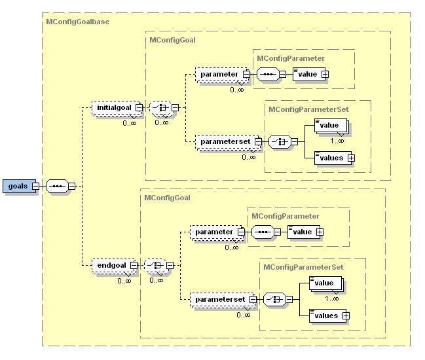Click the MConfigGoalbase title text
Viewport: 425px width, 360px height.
pos(77,22)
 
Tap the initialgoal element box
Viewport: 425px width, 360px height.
pos(114,107)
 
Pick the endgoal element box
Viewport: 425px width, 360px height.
pos(109,266)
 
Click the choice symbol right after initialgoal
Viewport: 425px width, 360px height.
pos(160,107)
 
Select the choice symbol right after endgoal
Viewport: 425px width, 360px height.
pos(155,266)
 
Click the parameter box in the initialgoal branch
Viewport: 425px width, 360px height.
pos(219,75)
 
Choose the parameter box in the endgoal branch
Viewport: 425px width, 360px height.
pos(214,232)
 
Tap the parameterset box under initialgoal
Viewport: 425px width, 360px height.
pos(225,141)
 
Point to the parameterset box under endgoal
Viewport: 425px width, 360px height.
pos(219,299)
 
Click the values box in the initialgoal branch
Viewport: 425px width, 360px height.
pos(331,158)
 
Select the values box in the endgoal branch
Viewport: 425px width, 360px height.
pos(326,315)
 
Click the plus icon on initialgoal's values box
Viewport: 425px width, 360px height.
pos(351,158)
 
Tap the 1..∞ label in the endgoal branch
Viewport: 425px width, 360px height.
pos(332,298)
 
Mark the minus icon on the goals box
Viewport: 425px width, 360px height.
pos(34,186)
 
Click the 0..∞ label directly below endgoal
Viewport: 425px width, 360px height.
pos(125,281)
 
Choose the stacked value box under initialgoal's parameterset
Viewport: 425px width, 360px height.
pos(330,125)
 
